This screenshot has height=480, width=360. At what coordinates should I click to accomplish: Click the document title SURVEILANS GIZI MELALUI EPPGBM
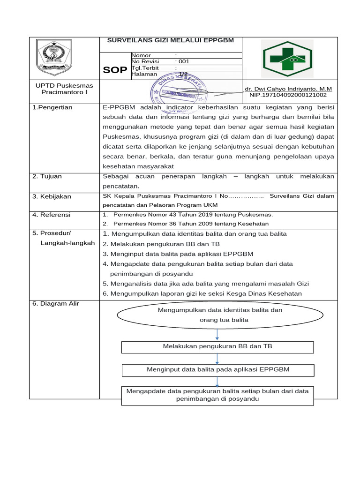(x=171, y=41)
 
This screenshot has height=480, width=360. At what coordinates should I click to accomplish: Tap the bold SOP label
(x=115, y=70)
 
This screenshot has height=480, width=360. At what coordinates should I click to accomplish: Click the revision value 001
(x=182, y=61)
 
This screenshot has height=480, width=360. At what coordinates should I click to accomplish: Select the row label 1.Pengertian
(x=52, y=107)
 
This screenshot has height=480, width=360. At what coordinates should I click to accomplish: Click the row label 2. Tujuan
(x=47, y=176)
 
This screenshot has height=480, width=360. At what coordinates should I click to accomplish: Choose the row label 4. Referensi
(x=51, y=215)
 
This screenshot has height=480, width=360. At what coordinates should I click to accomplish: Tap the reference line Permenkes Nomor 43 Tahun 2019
(x=193, y=215)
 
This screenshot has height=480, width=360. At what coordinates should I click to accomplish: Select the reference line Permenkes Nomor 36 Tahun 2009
(x=191, y=224)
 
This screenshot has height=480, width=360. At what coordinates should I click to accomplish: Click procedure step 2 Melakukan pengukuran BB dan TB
(x=161, y=244)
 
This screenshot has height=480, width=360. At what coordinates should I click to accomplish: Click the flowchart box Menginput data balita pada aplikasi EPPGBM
(x=218, y=369)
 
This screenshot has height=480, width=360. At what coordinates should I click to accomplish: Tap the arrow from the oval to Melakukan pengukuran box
(x=217, y=334)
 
